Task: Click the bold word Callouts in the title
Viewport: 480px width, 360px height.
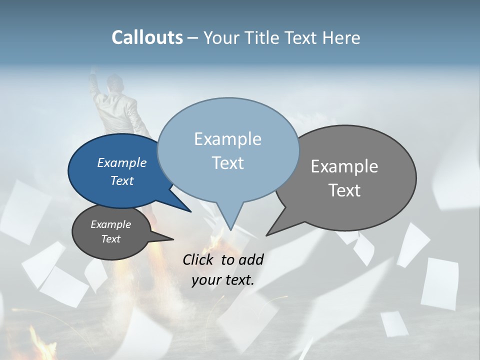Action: click(147, 37)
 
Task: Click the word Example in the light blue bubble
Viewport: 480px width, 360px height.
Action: click(227, 139)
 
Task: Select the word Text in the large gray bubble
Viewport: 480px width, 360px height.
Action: click(344, 190)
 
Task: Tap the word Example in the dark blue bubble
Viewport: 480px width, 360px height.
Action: click(122, 163)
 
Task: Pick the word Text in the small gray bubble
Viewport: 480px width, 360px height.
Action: click(111, 239)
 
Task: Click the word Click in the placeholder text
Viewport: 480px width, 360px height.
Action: click(198, 259)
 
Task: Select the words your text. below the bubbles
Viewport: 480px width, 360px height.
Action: click(223, 280)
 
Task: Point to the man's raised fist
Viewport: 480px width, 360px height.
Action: click(93, 76)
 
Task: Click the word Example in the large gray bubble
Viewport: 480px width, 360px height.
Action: click(344, 166)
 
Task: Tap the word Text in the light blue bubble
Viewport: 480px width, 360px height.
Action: click(228, 163)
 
